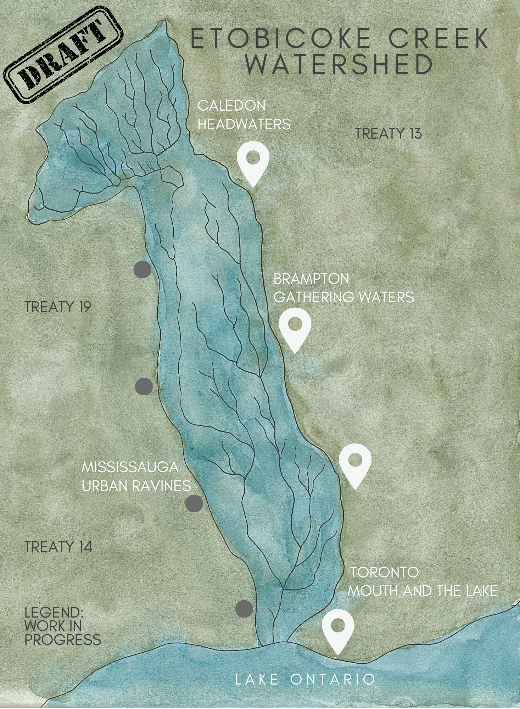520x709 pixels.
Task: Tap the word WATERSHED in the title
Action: (339, 65)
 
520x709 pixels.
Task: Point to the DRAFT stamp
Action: (63, 55)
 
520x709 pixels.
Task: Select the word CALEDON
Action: (231, 106)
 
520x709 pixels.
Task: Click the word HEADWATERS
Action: (244, 124)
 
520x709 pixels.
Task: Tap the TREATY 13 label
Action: (388, 134)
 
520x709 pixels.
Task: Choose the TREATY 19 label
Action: (58, 307)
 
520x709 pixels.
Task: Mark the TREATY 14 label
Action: (58, 547)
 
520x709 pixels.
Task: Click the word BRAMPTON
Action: (311, 279)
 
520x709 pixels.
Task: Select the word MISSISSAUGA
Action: (130, 467)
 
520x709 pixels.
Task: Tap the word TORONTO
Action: (385, 573)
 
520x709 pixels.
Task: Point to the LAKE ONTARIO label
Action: (305, 680)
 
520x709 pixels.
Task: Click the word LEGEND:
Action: (54, 613)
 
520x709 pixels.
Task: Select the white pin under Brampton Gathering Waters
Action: (295, 327)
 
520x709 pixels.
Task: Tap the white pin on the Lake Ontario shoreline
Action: (338, 629)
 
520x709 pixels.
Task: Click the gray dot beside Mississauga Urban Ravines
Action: (194, 504)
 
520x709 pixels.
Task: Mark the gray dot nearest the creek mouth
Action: (244, 609)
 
